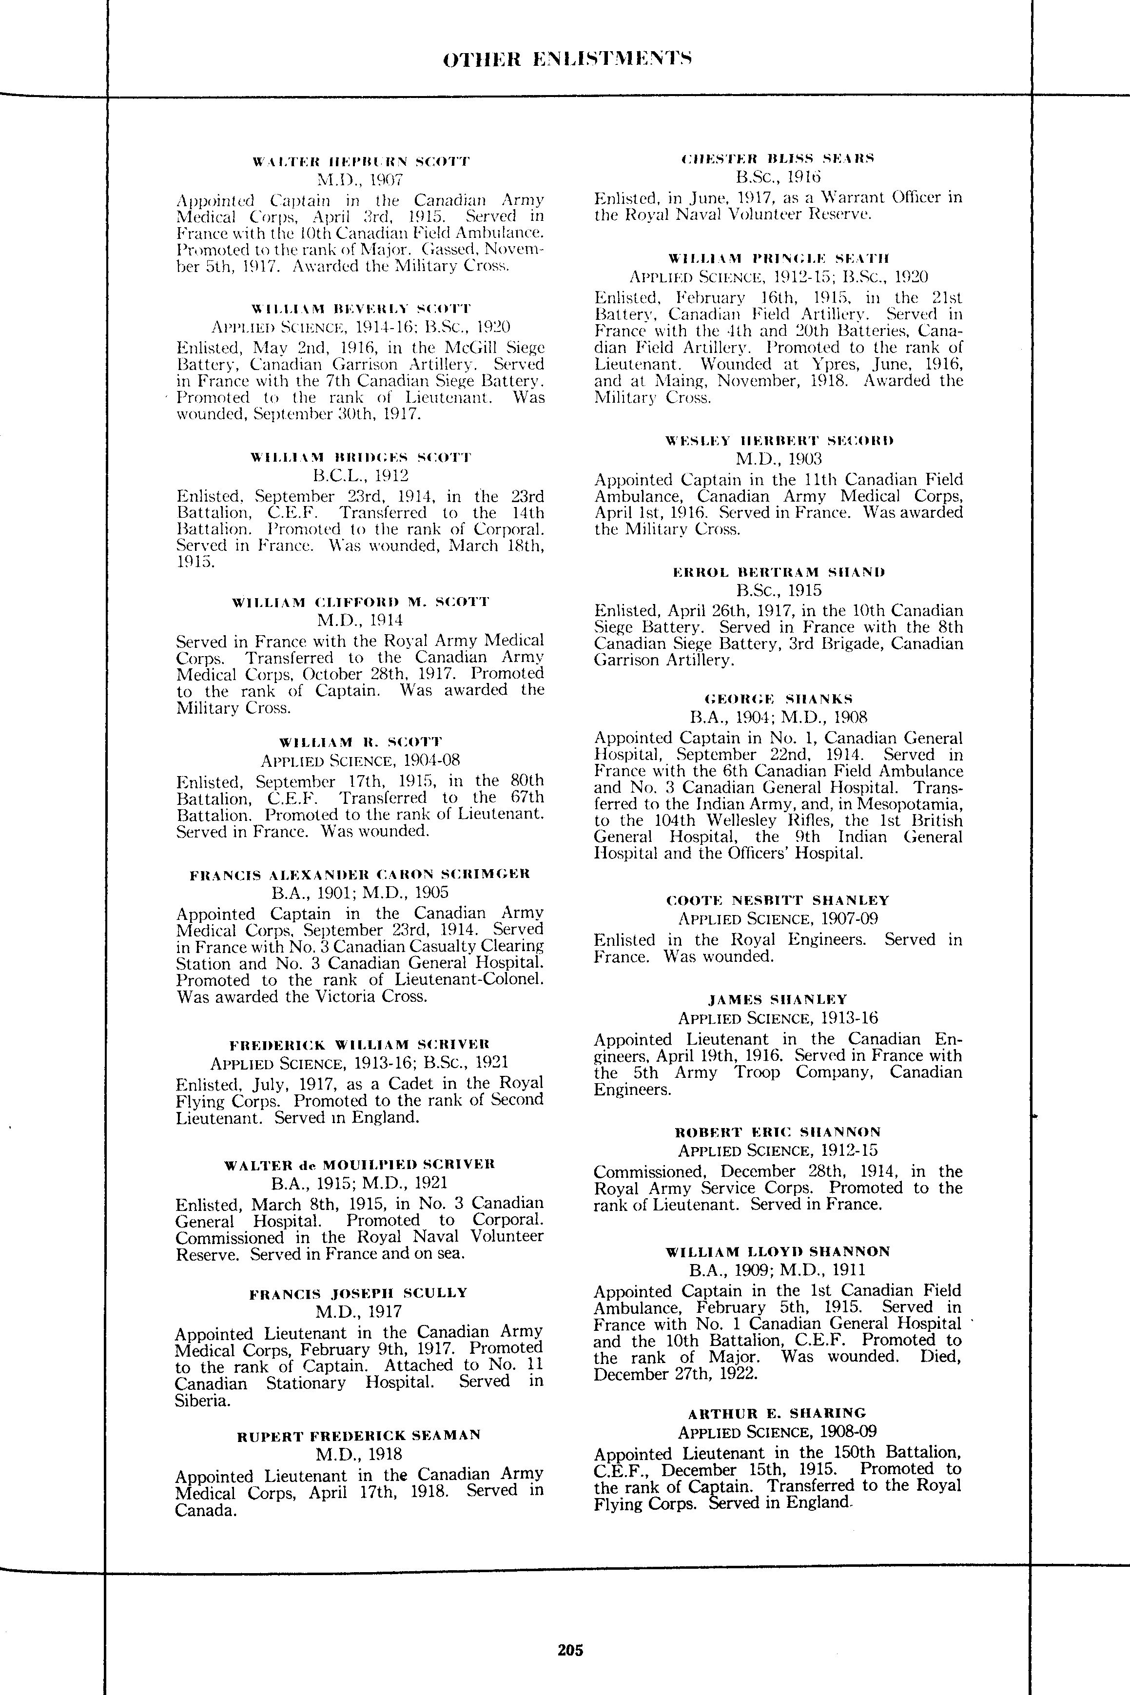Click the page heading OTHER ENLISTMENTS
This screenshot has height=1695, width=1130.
point(568,58)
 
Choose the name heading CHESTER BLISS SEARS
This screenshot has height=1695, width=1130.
point(778,158)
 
